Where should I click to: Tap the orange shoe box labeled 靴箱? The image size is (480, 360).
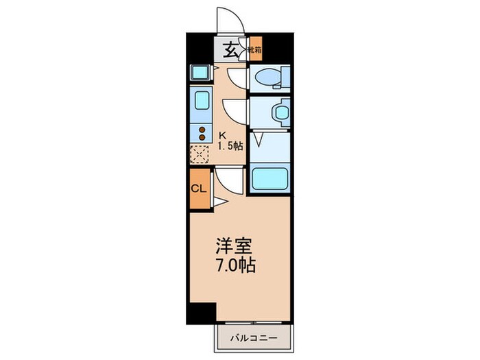coord(255,49)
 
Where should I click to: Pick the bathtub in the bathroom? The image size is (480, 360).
coord(270,178)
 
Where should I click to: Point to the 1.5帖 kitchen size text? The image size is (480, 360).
coord(230,146)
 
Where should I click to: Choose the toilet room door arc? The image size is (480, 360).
coord(237,78)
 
